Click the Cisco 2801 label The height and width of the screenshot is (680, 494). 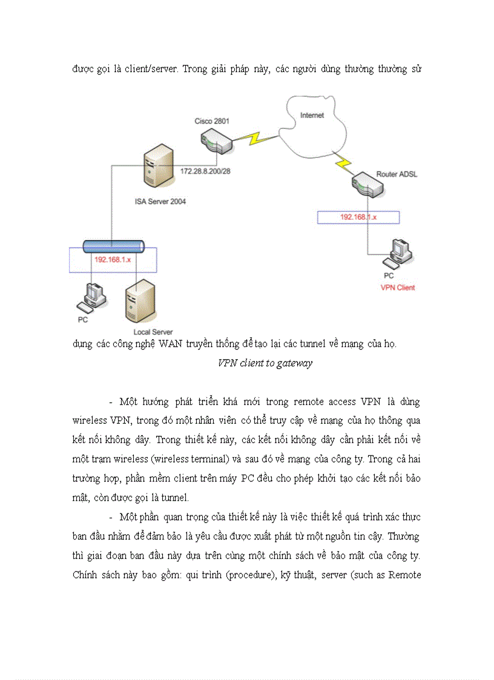coord(211,121)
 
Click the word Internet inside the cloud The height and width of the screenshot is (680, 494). coord(312,115)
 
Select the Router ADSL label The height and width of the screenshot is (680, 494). coord(397,174)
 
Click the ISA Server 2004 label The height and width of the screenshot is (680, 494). coord(160,202)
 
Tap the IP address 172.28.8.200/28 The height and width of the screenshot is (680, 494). coord(205,171)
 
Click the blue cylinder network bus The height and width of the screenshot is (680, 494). coord(113,245)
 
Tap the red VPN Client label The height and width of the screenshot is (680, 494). coord(397,288)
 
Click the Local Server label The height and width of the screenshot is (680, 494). coord(153,332)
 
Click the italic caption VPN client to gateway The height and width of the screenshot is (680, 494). coord(265,363)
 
